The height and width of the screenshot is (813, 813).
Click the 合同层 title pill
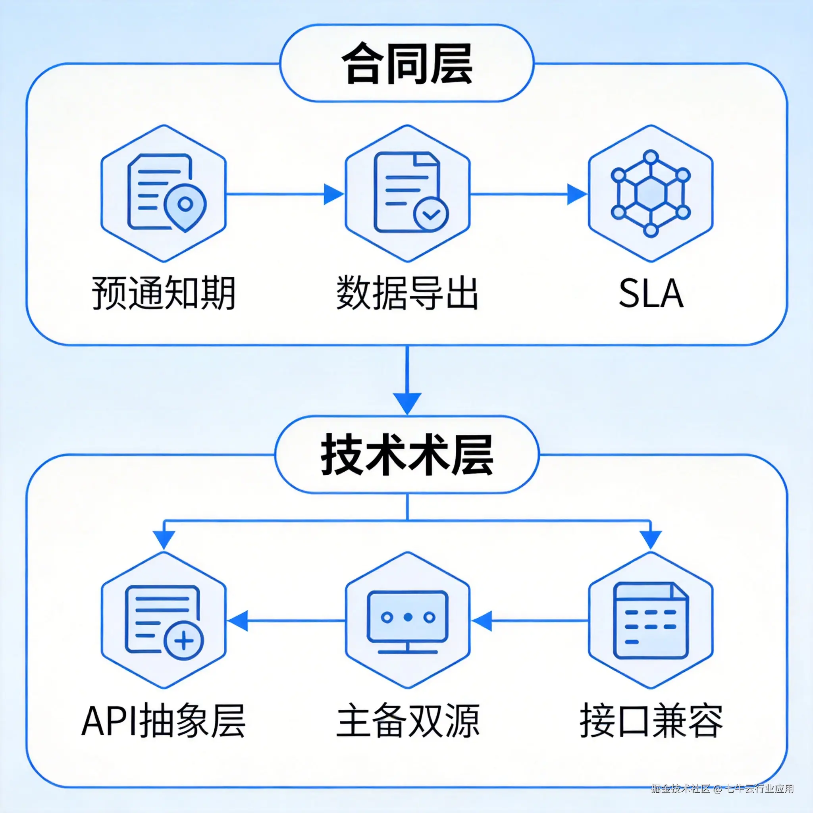406,63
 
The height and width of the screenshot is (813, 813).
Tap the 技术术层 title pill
406,455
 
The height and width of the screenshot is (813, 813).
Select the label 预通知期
164,293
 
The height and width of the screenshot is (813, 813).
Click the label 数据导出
407,293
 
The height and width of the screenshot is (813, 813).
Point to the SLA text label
651,294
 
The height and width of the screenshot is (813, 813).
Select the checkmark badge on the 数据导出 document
430,214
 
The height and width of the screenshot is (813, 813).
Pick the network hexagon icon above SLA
651,193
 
